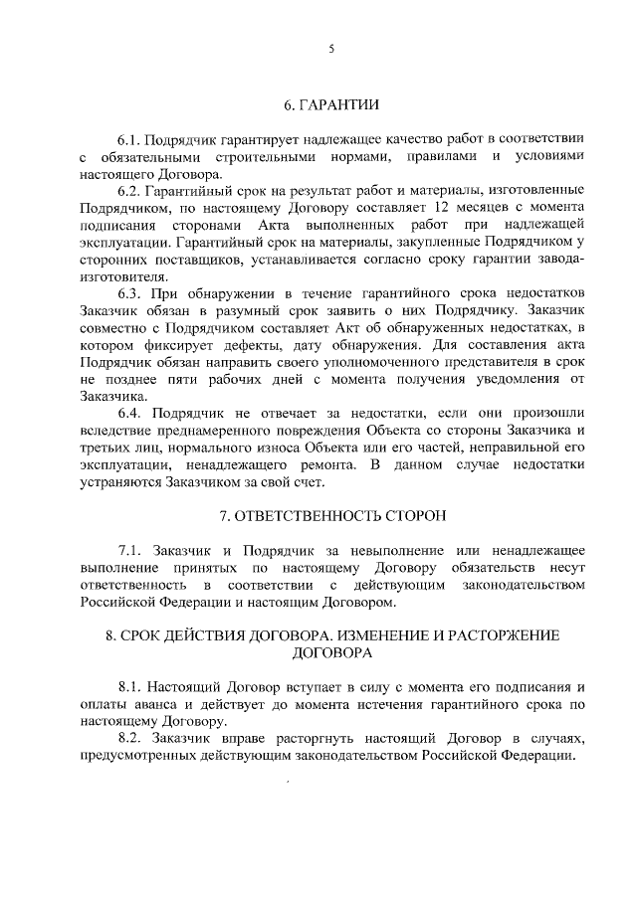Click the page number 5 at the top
[318, 47]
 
